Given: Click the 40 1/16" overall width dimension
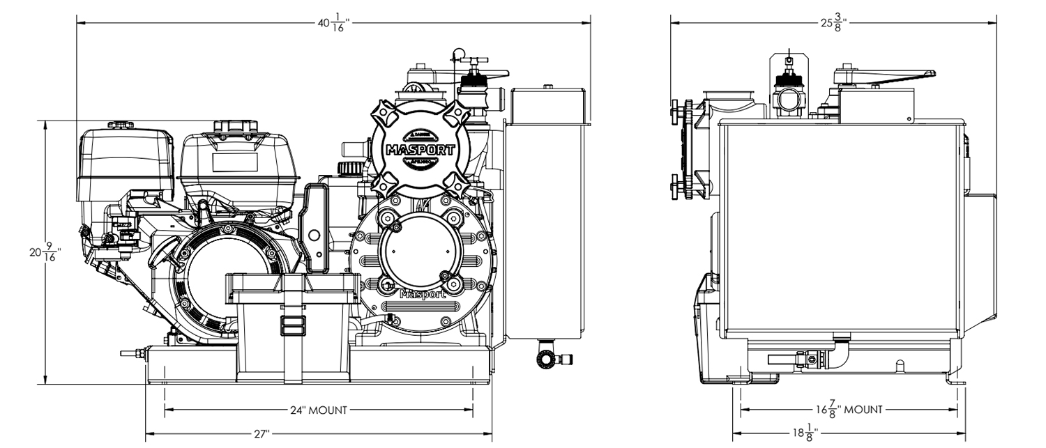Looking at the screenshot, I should pyautogui.click(x=333, y=23).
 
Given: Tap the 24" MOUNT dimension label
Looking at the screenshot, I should pyautogui.click(x=319, y=410).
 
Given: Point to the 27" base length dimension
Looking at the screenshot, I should pyautogui.click(x=261, y=433).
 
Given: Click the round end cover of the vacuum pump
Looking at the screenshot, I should pyautogui.click(x=420, y=247).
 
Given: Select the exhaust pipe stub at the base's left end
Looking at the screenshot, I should pyautogui.click(x=132, y=353).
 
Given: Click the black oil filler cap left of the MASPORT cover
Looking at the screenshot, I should pyautogui.click(x=345, y=169).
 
